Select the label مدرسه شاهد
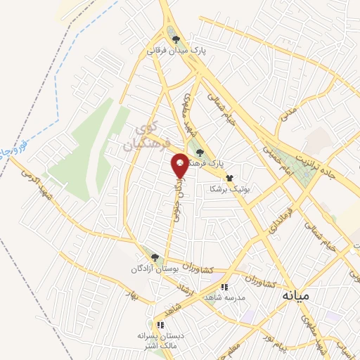point(224,297)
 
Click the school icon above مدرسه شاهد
point(224,286)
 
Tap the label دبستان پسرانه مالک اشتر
point(160,340)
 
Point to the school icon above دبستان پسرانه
point(160,324)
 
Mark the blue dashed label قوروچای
point(14,149)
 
